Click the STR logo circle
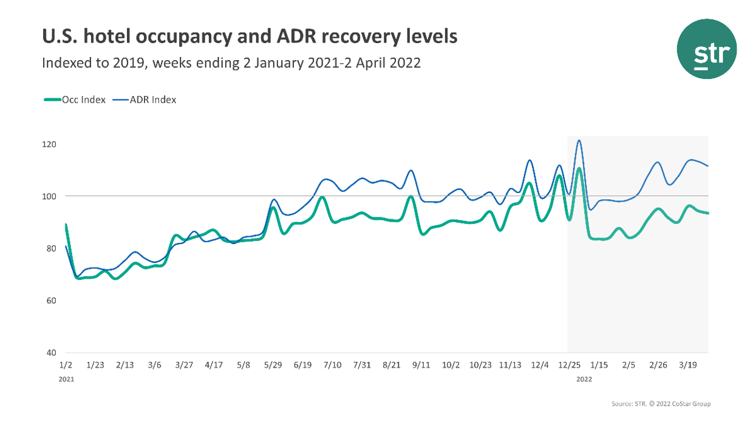(x=706, y=49)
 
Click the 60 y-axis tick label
(x=50, y=301)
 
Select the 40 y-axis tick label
(x=50, y=353)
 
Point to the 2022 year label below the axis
(x=584, y=379)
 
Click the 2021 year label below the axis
(x=66, y=379)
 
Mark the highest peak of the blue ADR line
(x=579, y=141)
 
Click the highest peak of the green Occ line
(x=579, y=169)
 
